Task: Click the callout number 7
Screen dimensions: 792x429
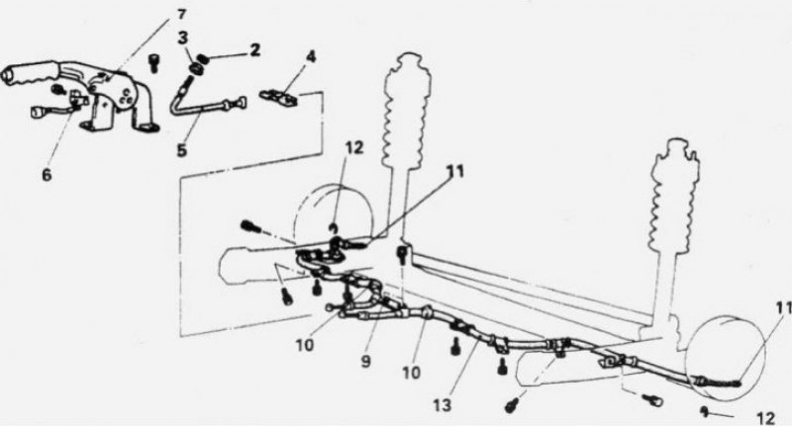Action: [x=181, y=14]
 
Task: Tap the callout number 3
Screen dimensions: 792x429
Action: [x=184, y=39]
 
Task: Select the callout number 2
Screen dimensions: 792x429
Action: [x=254, y=49]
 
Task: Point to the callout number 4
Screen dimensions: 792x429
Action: [x=311, y=56]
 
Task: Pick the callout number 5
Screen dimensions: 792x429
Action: [x=182, y=149]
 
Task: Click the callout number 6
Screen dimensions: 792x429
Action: [x=47, y=175]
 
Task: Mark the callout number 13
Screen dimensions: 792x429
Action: [x=443, y=405]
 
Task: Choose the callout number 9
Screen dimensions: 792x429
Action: [x=366, y=361]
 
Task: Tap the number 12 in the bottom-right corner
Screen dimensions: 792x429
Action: [x=765, y=418]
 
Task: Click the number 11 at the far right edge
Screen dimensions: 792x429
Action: [x=783, y=307]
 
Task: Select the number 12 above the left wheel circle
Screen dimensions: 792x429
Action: [x=354, y=148]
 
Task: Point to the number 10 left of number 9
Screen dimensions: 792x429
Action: [x=305, y=345]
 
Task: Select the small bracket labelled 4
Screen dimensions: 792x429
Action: [x=279, y=97]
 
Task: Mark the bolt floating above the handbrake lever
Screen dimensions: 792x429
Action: [x=153, y=64]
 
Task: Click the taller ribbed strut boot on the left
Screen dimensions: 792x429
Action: [x=408, y=109]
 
